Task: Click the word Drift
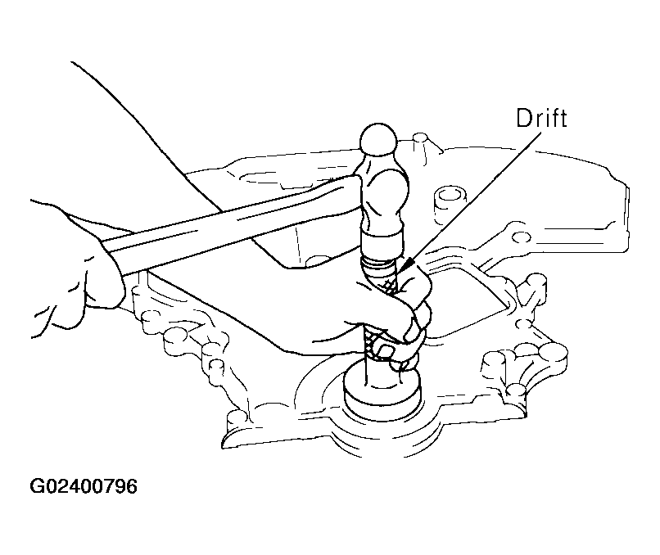(x=541, y=118)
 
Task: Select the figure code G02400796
(x=84, y=486)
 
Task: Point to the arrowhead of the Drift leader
(x=407, y=266)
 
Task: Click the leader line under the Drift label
(x=471, y=200)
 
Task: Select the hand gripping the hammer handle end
(x=76, y=269)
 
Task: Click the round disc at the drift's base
(x=382, y=389)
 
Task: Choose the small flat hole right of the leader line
(x=521, y=237)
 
